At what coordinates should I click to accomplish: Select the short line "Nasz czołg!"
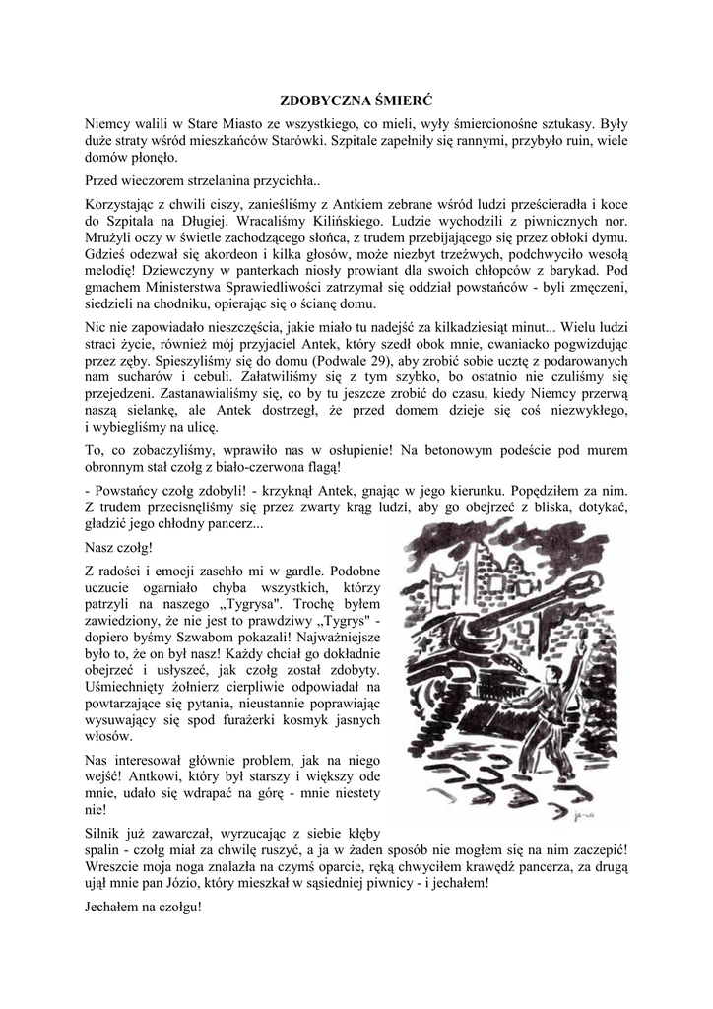click(x=120, y=547)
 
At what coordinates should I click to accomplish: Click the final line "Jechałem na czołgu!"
click(x=143, y=908)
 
